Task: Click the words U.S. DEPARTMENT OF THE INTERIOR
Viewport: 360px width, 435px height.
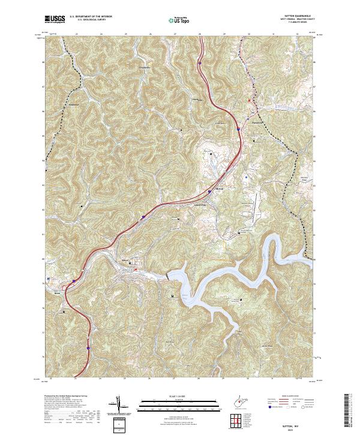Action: pos(90,17)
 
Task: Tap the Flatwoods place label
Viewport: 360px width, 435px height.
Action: pos(259,125)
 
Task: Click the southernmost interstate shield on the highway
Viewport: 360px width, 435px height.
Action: pos(88,347)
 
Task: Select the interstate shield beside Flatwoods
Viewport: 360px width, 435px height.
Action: pos(238,128)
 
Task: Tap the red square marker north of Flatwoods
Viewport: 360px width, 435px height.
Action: pos(249,100)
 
